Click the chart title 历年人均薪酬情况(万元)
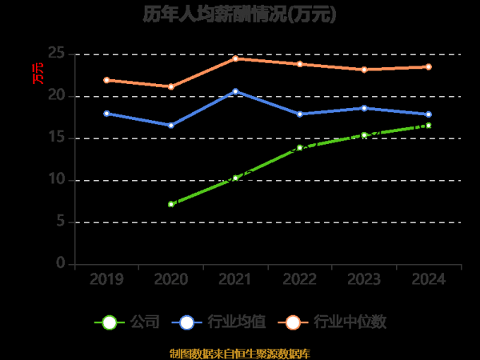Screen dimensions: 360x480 [x=240, y=14]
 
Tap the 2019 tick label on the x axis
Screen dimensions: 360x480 [x=106, y=279]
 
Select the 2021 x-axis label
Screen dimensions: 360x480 [x=235, y=279]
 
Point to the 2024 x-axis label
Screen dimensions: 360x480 [x=428, y=279]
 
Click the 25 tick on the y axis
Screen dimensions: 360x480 [x=56, y=54]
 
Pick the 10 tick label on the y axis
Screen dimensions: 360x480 [x=56, y=179]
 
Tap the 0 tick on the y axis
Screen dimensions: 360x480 [x=60, y=263]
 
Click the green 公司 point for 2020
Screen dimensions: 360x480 [x=171, y=204]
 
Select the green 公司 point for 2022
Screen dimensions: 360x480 [x=300, y=147]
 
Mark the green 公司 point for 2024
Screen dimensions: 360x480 [x=429, y=125]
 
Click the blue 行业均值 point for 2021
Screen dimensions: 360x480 [x=235, y=91]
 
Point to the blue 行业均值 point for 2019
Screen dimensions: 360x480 [x=106, y=114]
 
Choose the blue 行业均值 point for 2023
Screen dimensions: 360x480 [x=364, y=108]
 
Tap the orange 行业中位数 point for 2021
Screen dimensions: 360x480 [x=235, y=58]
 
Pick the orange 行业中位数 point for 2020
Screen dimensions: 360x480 [x=171, y=86]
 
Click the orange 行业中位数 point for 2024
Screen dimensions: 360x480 [x=429, y=66]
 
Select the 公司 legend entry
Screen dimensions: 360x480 [x=128, y=322]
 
